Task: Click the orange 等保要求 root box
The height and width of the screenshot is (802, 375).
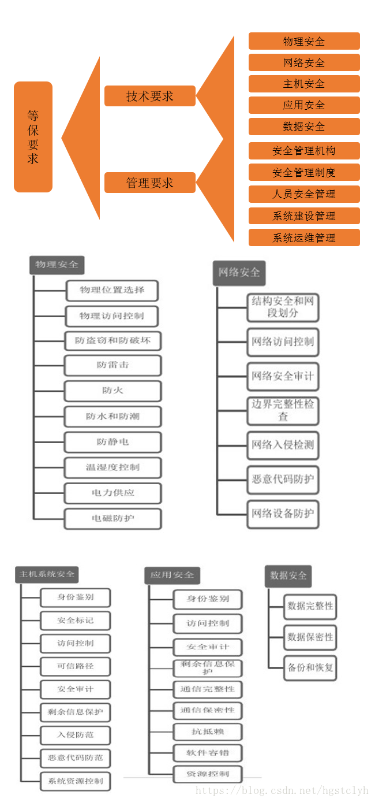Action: [33, 136]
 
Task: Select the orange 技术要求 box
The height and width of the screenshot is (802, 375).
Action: [150, 96]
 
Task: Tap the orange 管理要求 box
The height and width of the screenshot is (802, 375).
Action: [150, 183]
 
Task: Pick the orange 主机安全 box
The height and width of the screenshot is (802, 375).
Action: [304, 84]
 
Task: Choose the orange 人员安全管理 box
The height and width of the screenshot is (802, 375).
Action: [304, 194]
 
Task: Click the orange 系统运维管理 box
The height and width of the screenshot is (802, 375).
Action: [304, 237]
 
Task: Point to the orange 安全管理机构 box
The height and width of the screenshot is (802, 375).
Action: [304, 151]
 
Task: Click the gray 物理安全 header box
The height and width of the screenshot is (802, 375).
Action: [57, 265]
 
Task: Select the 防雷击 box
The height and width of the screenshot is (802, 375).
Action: [112, 365]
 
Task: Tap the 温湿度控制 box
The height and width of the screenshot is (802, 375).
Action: [112, 467]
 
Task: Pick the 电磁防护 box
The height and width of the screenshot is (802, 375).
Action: [112, 518]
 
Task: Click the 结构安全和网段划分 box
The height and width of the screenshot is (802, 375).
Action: [283, 307]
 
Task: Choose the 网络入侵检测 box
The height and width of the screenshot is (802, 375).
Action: [283, 445]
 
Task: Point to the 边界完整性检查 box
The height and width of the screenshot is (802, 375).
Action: [283, 410]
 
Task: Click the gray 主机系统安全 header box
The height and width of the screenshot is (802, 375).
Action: [47, 574]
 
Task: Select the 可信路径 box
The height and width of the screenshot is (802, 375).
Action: [75, 666]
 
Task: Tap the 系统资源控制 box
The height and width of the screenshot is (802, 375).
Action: [75, 781]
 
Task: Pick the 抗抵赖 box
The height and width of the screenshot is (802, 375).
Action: [208, 732]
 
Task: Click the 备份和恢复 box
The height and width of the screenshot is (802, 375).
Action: [310, 667]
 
